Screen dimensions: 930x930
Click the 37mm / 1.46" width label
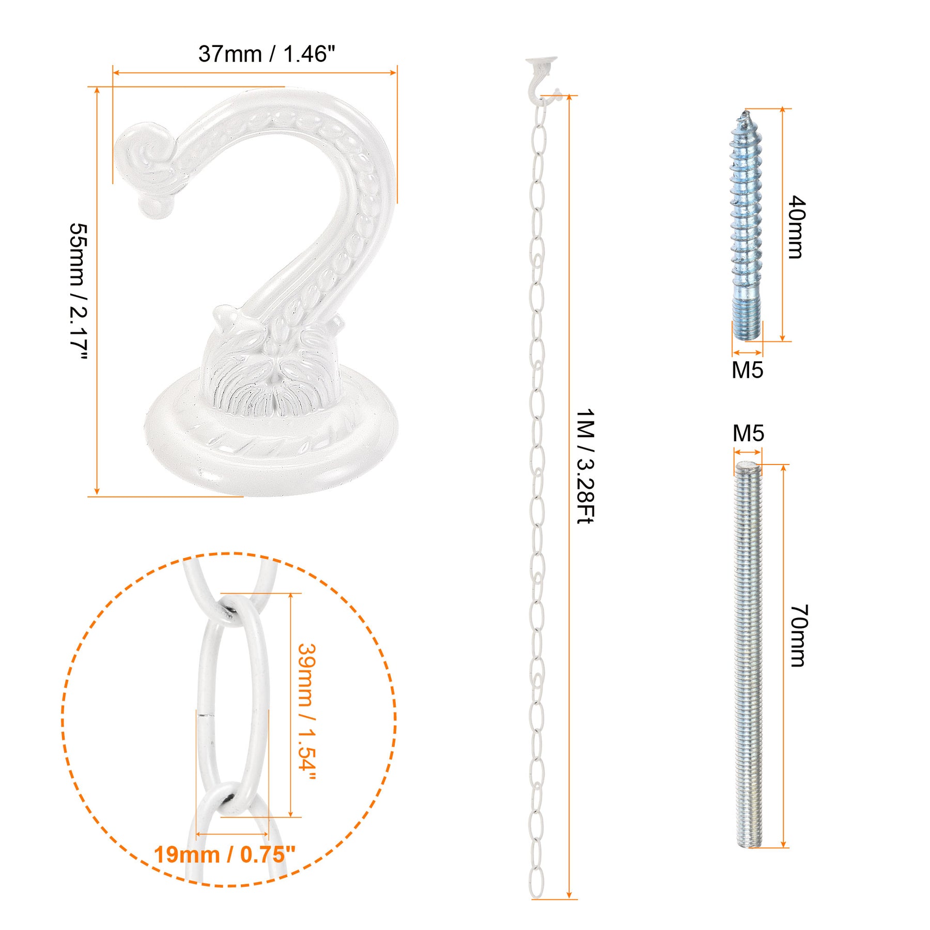[267, 54]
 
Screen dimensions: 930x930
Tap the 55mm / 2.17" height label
[79, 291]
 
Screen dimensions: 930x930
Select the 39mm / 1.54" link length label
[306, 712]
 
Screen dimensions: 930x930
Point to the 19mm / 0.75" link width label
[225, 855]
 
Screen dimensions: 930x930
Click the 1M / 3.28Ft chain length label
[585, 466]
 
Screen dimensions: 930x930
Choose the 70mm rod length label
[799, 636]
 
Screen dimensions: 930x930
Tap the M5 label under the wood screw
[747, 370]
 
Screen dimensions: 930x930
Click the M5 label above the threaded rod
[748, 433]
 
